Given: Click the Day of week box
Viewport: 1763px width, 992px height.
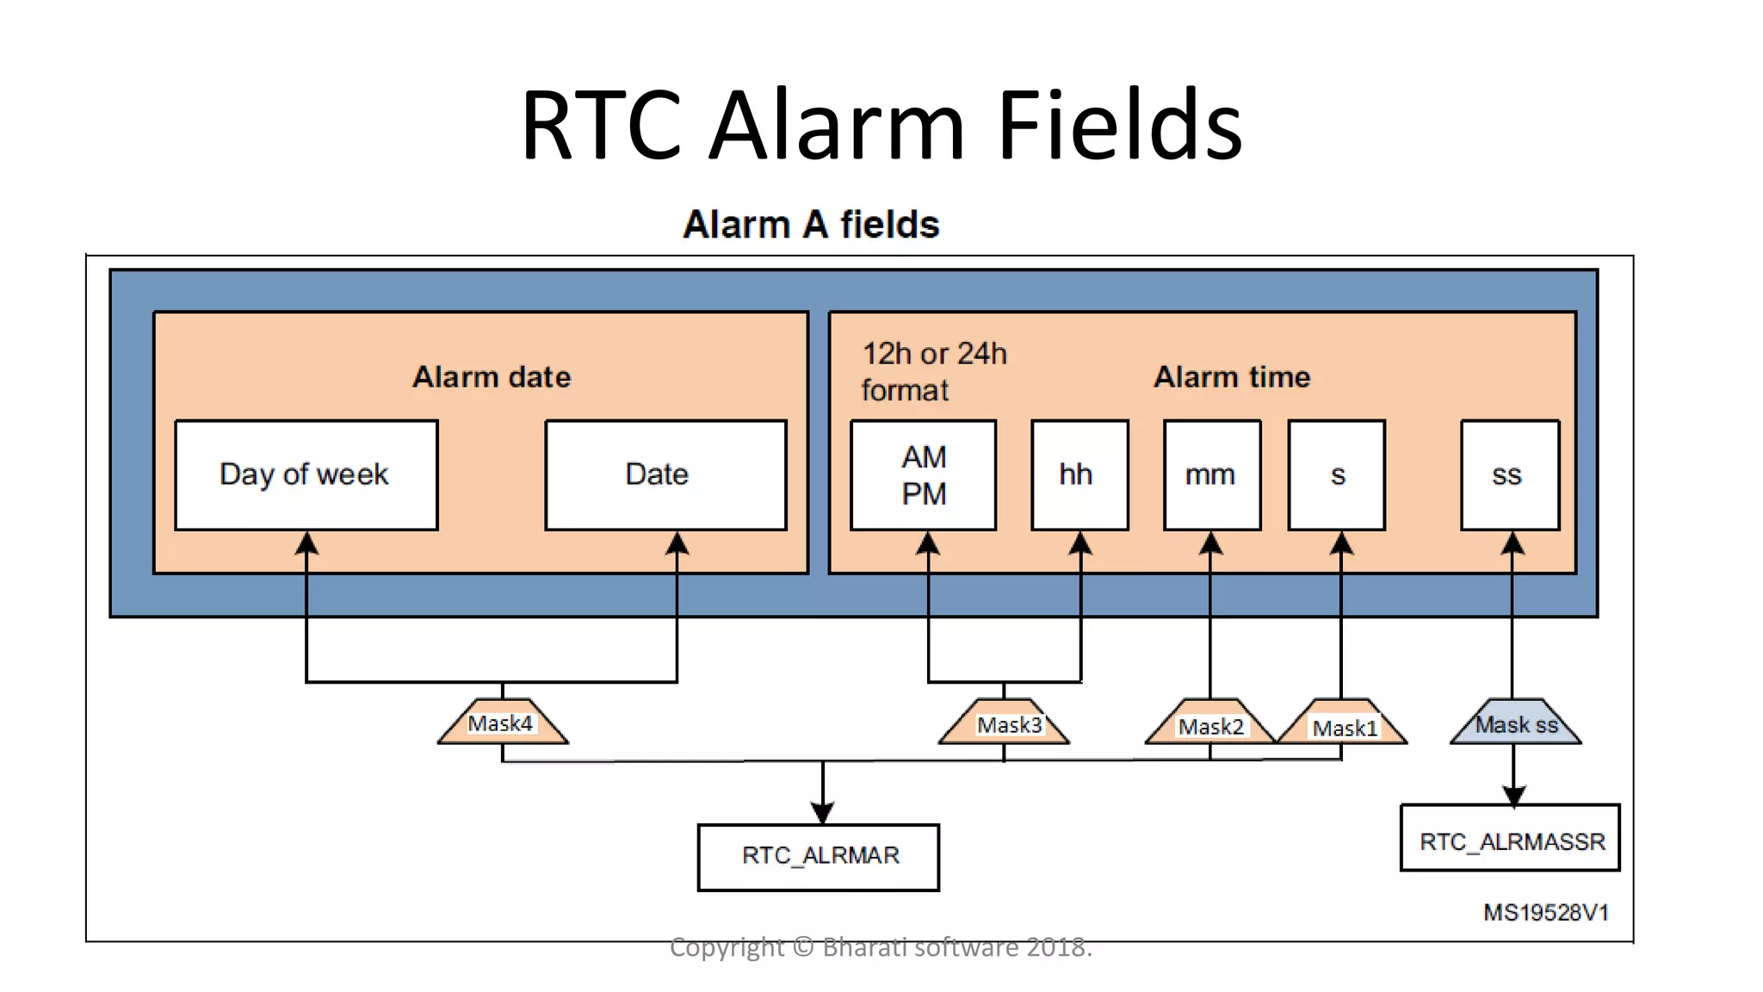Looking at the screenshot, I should click(x=306, y=474).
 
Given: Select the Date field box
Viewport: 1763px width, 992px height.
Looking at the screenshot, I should click(x=665, y=474).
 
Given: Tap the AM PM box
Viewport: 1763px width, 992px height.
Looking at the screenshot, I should click(x=923, y=474).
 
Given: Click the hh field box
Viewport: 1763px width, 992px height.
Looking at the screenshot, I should click(x=1079, y=474).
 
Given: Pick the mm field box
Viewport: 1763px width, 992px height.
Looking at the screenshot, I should click(x=1211, y=474).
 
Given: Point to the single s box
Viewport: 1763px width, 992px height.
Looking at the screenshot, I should click(x=1336, y=474).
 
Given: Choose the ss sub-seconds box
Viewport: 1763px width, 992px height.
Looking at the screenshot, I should click(x=1509, y=474).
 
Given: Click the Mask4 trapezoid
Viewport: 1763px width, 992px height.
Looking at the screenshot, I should click(x=502, y=722).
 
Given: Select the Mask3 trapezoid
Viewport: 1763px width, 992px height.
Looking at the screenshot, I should click(x=1004, y=723).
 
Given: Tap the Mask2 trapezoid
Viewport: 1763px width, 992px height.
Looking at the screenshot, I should click(x=1209, y=725).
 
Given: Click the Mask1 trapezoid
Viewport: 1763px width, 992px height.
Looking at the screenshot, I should click(x=1342, y=726).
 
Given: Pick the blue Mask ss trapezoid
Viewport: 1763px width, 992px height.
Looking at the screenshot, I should click(x=1515, y=723).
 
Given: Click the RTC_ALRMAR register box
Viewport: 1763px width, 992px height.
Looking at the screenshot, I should click(x=818, y=857).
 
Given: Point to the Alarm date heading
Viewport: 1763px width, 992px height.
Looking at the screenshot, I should click(x=492, y=377).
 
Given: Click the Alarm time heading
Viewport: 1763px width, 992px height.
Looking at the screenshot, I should click(x=1231, y=377).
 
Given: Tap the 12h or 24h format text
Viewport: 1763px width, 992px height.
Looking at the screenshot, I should click(x=933, y=371).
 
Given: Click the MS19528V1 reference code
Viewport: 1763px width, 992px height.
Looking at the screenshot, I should click(x=1545, y=913).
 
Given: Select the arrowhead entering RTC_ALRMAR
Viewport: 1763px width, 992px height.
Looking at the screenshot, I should click(x=822, y=811).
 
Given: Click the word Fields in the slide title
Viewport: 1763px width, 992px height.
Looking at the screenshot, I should click(x=1118, y=126).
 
